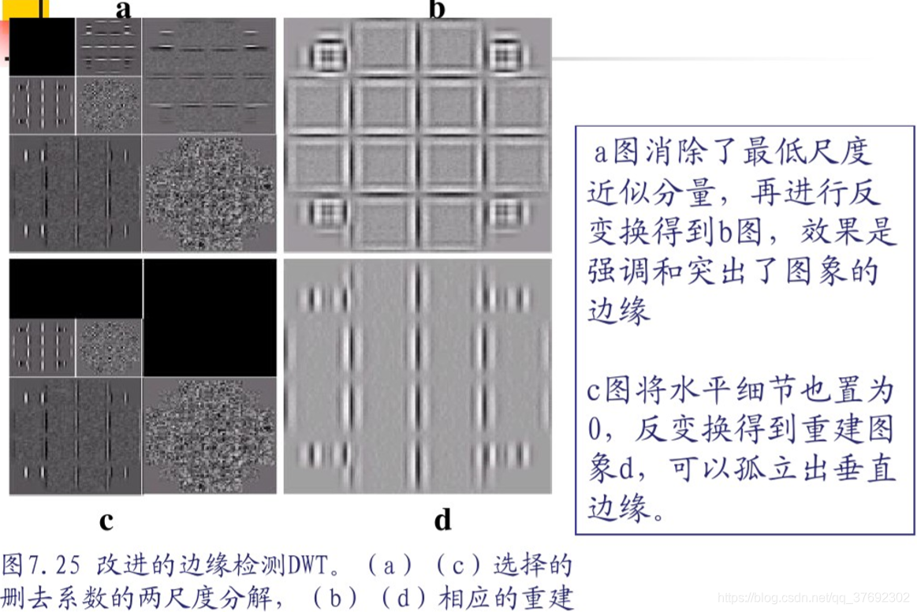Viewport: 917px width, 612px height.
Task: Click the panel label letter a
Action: (123, 9)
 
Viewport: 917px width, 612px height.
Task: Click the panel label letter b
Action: (437, 9)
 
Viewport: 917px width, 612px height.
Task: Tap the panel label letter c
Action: (106, 521)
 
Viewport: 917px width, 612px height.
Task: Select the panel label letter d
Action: (442, 521)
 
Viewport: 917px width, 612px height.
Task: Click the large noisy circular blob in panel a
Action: (210, 194)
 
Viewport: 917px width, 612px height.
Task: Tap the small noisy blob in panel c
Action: (109, 347)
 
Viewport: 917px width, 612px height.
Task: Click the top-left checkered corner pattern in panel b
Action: (324, 55)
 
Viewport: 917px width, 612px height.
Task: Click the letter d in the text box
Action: (628, 469)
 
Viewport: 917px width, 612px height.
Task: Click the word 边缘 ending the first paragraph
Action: (619, 311)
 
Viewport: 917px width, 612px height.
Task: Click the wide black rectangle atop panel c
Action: (76, 289)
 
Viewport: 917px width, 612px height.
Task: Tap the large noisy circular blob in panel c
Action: (210, 434)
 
